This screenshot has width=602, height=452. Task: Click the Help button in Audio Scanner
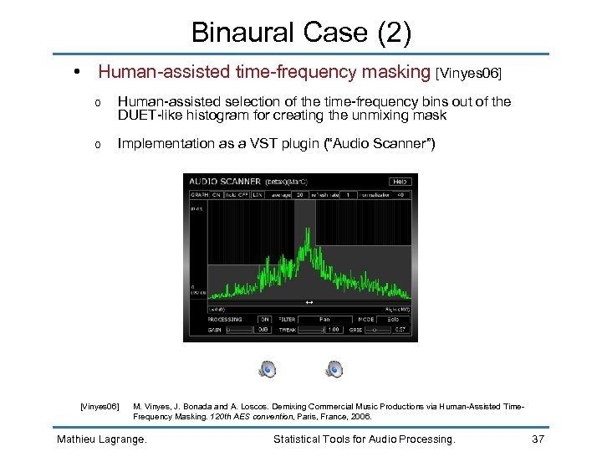click(400, 181)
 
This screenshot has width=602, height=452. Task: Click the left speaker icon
click(267, 369)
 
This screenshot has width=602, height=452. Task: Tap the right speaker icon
click(334, 369)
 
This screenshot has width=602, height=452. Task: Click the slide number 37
click(540, 439)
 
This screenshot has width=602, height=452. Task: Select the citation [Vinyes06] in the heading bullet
click(469, 74)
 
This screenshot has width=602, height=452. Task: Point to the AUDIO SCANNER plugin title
click(224, 181)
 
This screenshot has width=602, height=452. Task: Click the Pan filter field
click(324, 319)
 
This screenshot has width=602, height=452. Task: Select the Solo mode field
click(393, 319)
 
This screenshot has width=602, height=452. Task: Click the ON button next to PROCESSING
click(264, 319)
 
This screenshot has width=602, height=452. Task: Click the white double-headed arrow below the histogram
click(309, 302)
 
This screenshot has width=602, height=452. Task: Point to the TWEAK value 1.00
click(333, 330)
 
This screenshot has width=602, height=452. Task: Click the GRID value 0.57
click(400, 330)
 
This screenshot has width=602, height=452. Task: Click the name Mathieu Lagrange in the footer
click(101, 439)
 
